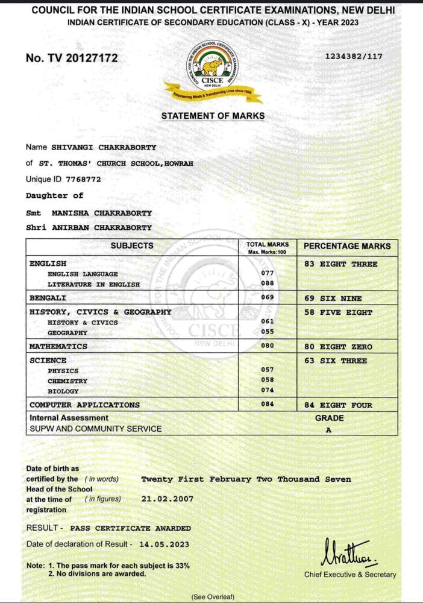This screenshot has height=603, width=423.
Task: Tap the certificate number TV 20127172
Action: coord(72,58)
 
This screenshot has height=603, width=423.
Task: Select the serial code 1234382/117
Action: coord(354,56)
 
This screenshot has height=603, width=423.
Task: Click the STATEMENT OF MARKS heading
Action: coord(213,116)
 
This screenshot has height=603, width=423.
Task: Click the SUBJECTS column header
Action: coord(132,246)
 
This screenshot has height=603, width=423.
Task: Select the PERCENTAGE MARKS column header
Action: coord(346,246)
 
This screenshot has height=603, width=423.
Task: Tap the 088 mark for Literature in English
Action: coord(268,284)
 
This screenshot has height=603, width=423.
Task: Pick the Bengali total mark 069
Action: coord(268,297)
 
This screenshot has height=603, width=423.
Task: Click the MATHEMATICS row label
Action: coord(58,347)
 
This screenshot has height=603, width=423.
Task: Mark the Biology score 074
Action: coord(268,391)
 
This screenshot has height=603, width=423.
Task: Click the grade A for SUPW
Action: coord(329,430)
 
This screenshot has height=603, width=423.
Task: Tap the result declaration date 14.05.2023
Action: coord(164,544)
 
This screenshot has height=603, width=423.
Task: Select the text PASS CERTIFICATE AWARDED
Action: coord(131,528)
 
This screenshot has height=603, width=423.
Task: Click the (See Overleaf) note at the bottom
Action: coord(212,596)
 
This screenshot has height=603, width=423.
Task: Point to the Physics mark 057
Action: coord(268,370)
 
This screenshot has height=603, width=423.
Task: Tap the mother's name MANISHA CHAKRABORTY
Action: coord(102,213)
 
